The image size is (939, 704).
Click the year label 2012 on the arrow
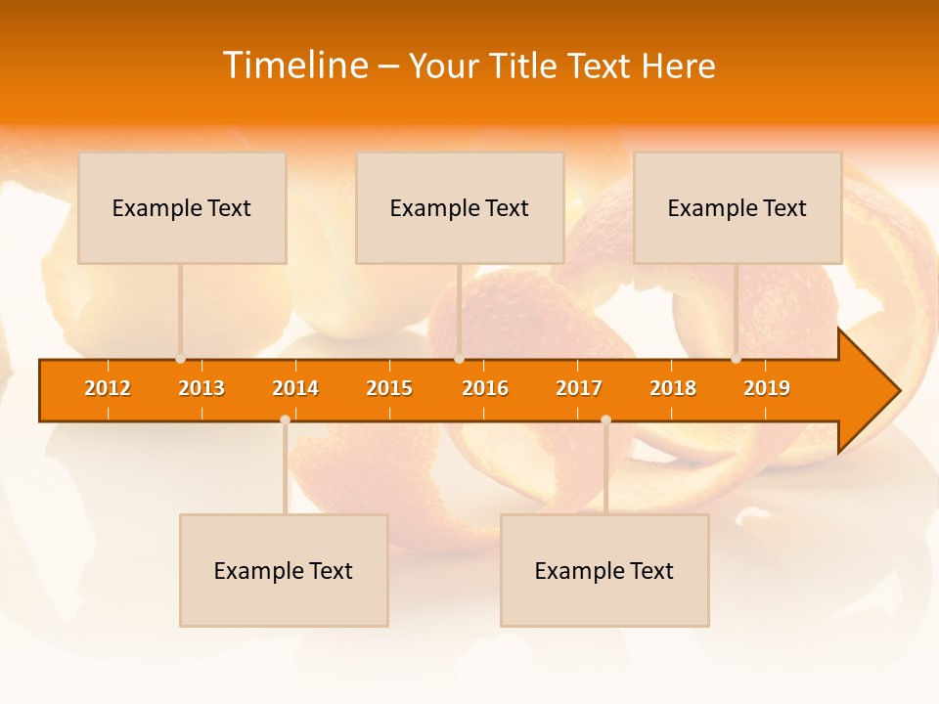pos(108,388)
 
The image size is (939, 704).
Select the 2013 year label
pos(201,388)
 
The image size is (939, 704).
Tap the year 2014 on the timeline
pos(295,388)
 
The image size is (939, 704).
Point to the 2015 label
pos(389,388)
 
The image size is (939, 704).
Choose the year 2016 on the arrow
pos(485,388)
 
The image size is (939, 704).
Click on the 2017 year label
pos(579,388)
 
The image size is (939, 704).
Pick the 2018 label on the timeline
pos(673,388)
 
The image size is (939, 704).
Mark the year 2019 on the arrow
pos(767,388)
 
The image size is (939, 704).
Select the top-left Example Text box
pos(182,207)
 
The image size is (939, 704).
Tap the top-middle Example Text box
pos(460,207)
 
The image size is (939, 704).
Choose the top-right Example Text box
pos(738,207)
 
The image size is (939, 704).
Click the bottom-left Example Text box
pos(284,570)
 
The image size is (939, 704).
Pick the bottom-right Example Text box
pos(604,570)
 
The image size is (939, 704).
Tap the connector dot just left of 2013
pos(181,359)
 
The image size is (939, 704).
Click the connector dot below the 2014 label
pos(285,419)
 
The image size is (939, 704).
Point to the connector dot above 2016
pos(459,359)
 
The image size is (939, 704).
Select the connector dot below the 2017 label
pos(605,419)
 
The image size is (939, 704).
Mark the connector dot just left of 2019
pos(737,359)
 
